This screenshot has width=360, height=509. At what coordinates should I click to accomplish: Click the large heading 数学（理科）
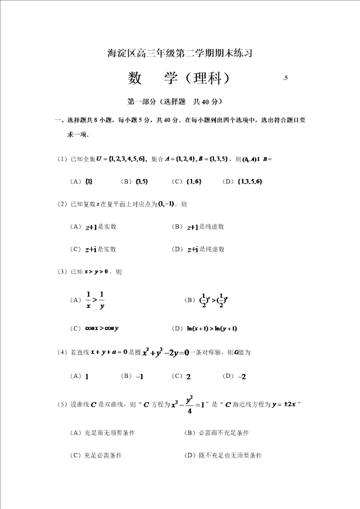[x=178, y=78]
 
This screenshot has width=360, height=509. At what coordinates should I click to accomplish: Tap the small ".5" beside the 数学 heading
[x=285, y=78]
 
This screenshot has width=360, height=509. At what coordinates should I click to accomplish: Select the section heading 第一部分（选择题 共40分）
[x=175, y=101]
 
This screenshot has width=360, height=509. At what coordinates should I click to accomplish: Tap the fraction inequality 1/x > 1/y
[x=95, y=300]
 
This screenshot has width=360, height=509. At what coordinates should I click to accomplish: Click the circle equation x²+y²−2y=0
[x=164, y=352]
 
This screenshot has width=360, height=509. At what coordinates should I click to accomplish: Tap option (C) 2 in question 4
[x=188, y=376]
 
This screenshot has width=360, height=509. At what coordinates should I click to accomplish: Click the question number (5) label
[x=62, y=404]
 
